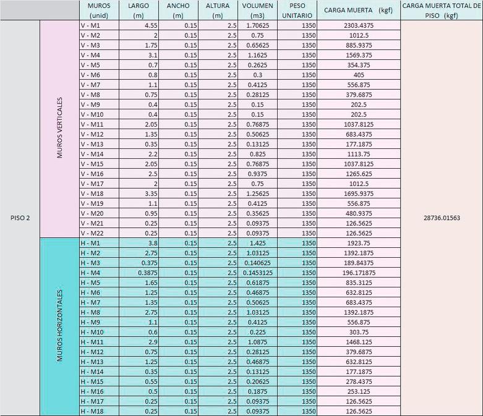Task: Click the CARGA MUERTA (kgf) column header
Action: pyautogui.click(x=359, y=11)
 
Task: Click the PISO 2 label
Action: pyautogui.click(x=20, y=218)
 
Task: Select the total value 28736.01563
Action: pyautogui.click(x=442, y=218)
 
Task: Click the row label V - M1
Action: pyautogui.click(x=90, y=25)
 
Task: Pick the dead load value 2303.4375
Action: pyautogui.click(x=359, y=25)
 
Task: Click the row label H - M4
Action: pyautogui.click(x=90, y=273)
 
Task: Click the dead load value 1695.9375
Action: pyautogui.click(x=359, y=193)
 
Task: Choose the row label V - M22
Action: pyautogui.click(x=92, y=233)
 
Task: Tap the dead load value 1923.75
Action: pyautogui.click(x=359, y=243)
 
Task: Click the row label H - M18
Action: pyautogui.click(x=92, y=411)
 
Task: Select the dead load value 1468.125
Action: pyautogui.click(x=359, y=342)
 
